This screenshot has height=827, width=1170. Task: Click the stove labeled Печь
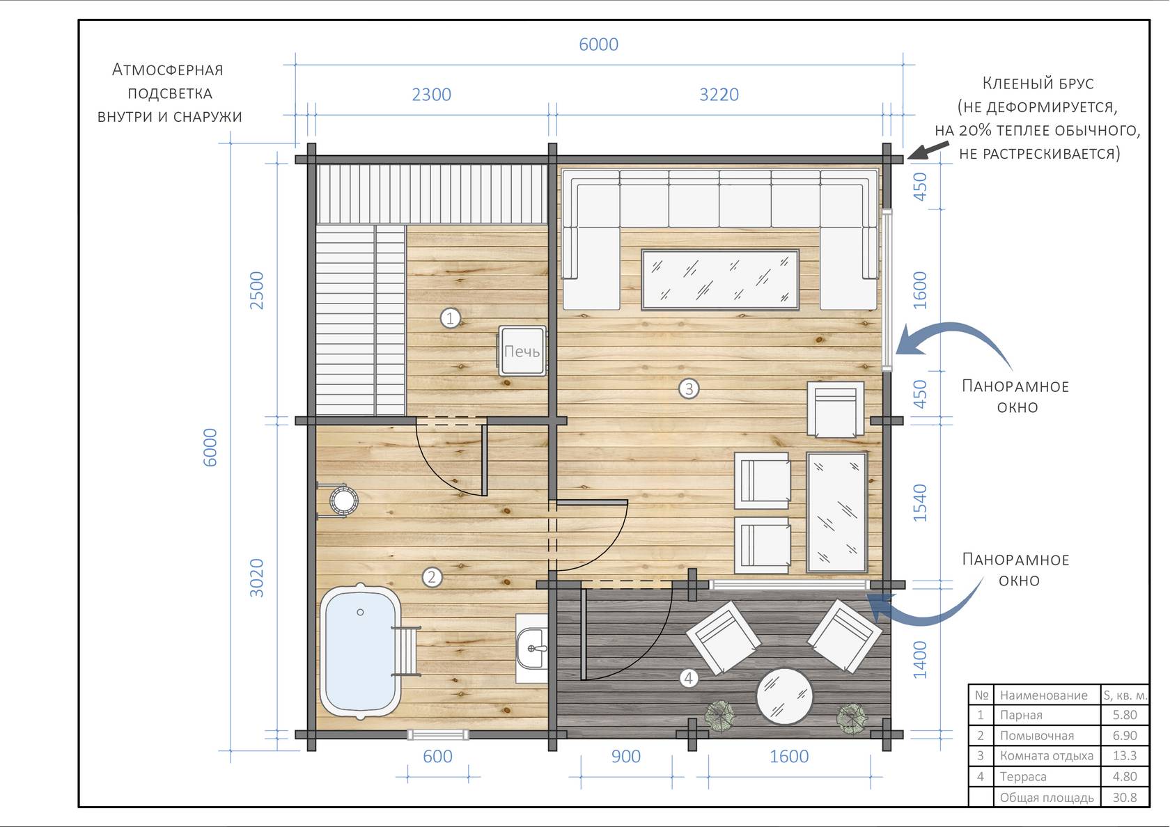click(522, 351)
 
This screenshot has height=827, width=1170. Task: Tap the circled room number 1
click(450, 317)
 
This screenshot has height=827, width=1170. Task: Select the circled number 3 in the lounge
click(689, 388)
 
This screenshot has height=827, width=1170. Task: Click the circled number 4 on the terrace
click(689, 678)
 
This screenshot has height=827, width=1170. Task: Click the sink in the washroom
click(532, 649)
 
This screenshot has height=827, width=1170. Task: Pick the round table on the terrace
click(784, 696)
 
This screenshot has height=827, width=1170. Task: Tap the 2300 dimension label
click(432, 95)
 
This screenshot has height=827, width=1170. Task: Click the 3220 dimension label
click(719, 95)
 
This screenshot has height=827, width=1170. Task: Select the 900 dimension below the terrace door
click(625, 756)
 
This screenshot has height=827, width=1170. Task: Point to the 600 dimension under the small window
click(437, 756)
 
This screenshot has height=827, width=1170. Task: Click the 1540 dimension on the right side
click(920, 503)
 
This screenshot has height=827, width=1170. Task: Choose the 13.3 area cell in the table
click(1125, 755)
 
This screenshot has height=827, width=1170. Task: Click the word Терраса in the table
click(1023, 776)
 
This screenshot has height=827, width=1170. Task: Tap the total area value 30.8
click(1125, 797)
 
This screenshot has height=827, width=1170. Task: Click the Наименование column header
click(1043, 695)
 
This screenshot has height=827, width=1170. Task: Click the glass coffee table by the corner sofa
click(720, 280)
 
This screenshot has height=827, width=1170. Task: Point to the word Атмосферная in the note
click(168, 70)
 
